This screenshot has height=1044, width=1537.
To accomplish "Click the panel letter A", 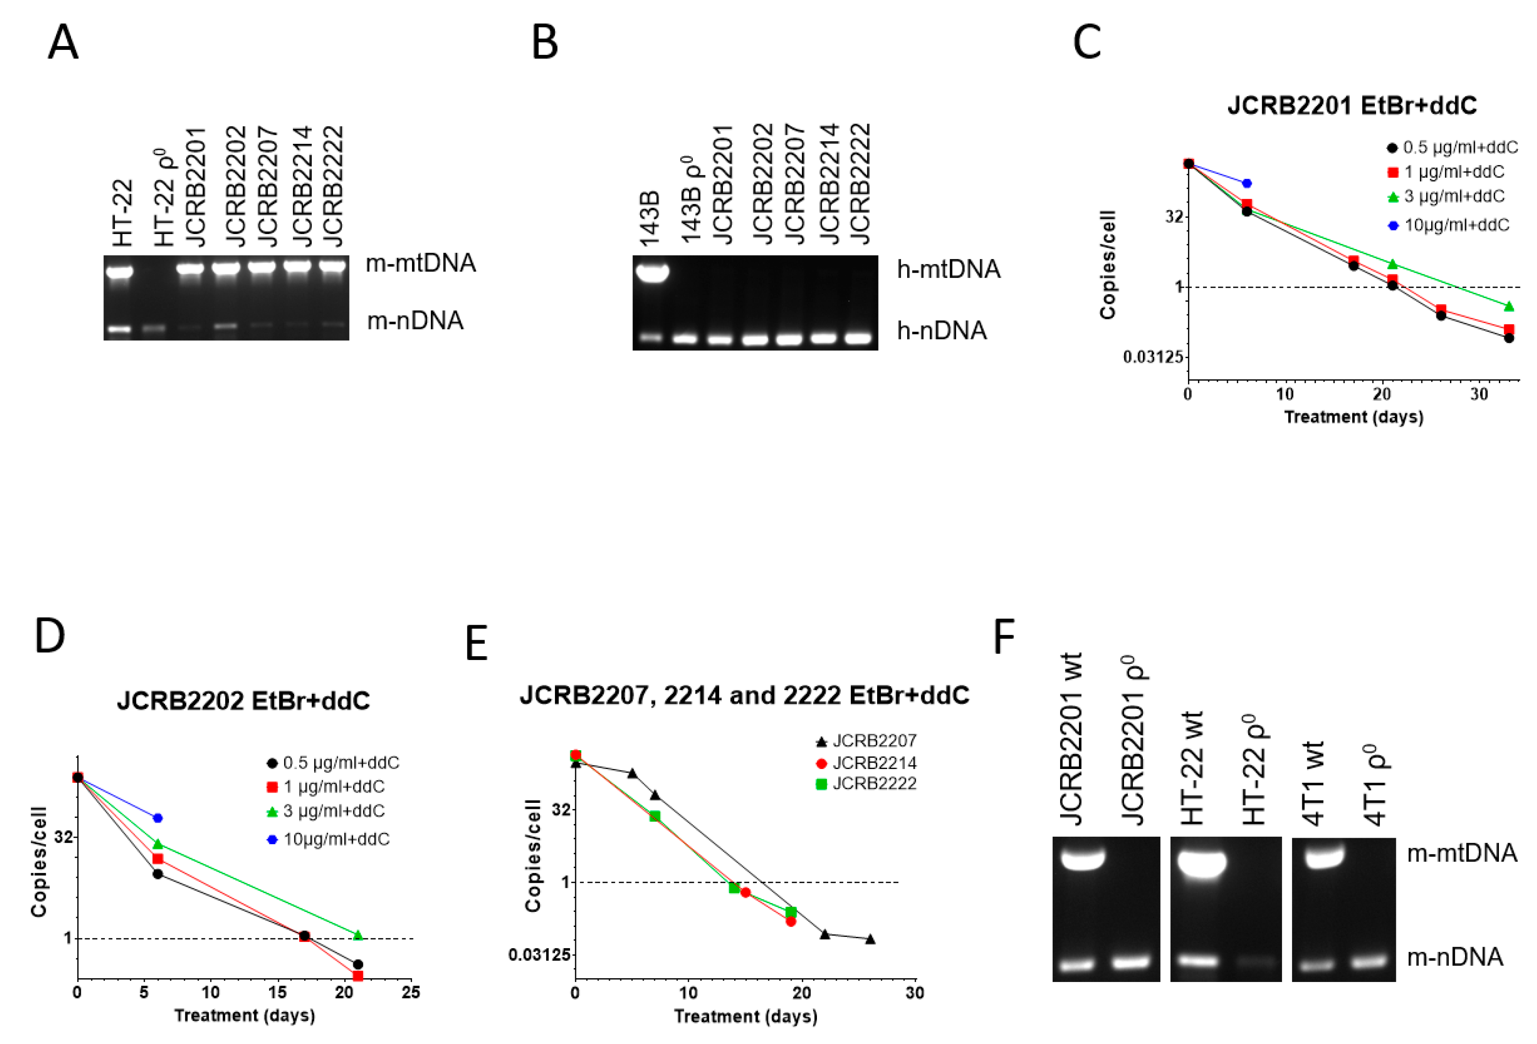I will pyautogui.click(x=63, y=42).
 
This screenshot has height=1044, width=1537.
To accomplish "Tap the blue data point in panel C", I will pyautogui.click(x=1247, y=183).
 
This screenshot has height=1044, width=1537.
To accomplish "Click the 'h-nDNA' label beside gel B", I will pyautogui.click(x=941, y=330).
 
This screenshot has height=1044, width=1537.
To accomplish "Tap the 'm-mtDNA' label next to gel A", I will pyautogui.click(x=420, y=263).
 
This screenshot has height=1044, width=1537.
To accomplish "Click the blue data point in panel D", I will pyautogui.click(x=158, y=818).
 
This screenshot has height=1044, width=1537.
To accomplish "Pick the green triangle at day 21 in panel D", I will pyautogui.click(x=358, y=935).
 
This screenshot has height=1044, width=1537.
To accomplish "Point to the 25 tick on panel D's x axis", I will pyautogui.click(x=411, y=992).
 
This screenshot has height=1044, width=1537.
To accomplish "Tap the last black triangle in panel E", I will pyautogui.click(x=871, y=939).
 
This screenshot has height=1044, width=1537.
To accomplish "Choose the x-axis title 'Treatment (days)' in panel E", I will pyautogui.click(x=745, y=1016).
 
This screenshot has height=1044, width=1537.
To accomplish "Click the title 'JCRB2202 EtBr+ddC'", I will pyautogui.click(x=243, y=701).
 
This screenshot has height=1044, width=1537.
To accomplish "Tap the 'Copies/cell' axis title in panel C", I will pyautogui.click(x=1108, y=265).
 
